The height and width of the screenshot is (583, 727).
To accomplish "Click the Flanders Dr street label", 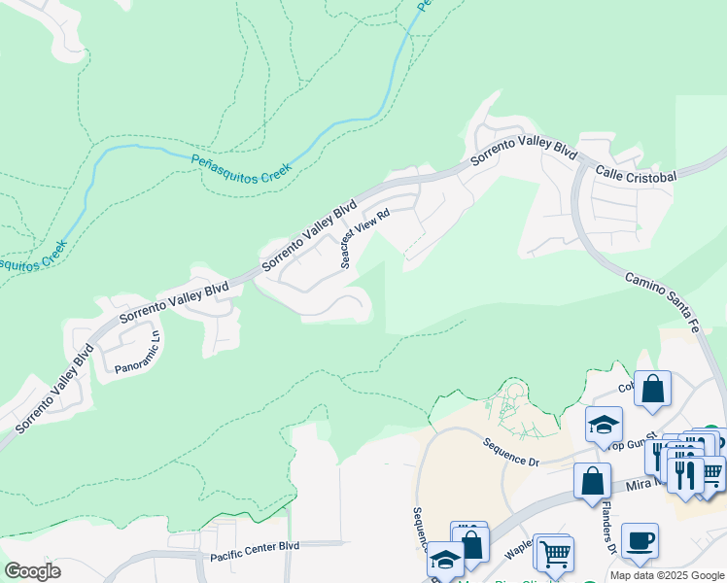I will pos(607,534).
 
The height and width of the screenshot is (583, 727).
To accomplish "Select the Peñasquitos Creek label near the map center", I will pos(241,166).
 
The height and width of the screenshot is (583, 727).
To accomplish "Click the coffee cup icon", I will pos(640,540).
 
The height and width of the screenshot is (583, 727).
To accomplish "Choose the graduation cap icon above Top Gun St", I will pos(604,424).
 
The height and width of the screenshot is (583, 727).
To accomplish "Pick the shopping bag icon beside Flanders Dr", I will pos(592,481).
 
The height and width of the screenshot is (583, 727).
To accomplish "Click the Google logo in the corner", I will pos(33,570).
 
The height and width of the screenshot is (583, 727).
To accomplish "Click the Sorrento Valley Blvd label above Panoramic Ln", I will pos(173,302).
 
